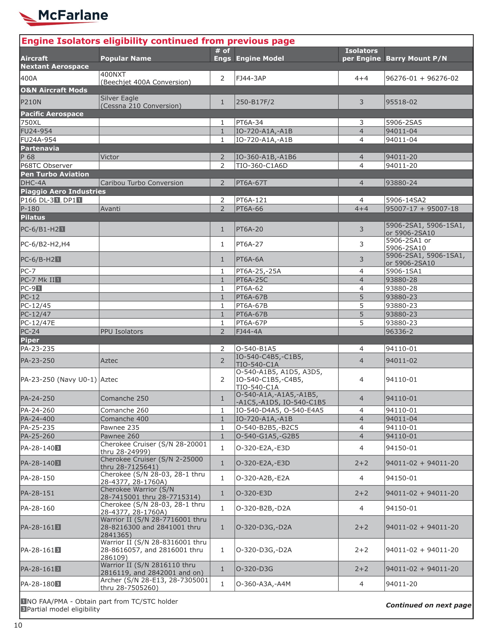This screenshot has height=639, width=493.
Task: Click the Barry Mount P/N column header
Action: point(416,58)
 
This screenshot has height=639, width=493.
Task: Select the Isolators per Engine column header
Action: point(361,55)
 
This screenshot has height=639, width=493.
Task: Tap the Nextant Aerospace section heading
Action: point(55,67)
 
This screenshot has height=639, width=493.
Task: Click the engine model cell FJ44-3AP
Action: point(251,78)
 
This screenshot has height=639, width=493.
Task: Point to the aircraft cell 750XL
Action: point(31,122)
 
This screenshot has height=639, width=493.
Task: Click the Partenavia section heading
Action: point(40,148)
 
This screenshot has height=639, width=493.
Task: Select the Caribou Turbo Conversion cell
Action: point(142,183)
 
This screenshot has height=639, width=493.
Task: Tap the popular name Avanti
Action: point(110,208)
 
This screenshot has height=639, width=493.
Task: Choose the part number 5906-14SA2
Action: point(406,200)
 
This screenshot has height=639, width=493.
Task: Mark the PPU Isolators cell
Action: point(122,331)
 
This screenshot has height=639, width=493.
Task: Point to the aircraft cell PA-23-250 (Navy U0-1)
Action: point(59,379)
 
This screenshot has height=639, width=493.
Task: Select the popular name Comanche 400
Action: point(124,419)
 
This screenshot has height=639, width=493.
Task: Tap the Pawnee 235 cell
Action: point(120,427)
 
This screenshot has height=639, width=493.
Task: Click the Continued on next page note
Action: point(428,605)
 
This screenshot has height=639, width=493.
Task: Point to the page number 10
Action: point(18,625)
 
